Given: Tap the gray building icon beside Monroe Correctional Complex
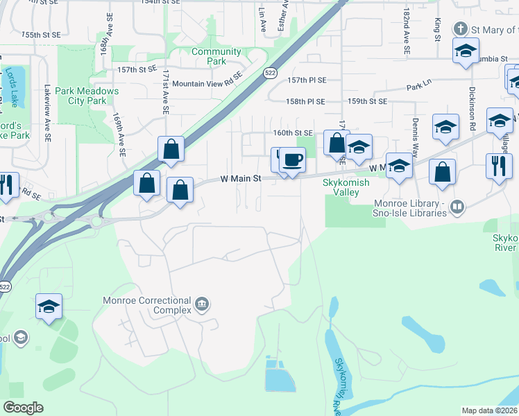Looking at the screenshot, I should click(x=202, y=303).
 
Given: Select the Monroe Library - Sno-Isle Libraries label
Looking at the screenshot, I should click(x=410, y=208).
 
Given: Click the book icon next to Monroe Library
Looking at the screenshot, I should click(x=457, y=207).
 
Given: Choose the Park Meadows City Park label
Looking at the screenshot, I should click(x=87, y=96).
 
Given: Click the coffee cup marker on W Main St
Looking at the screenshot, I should click(x=292, y=160).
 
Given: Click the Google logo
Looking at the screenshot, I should click(x=24, y=408).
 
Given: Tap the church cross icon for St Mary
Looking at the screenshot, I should click(x=459, y=29).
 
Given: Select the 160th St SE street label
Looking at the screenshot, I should click(x=293, y=132).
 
